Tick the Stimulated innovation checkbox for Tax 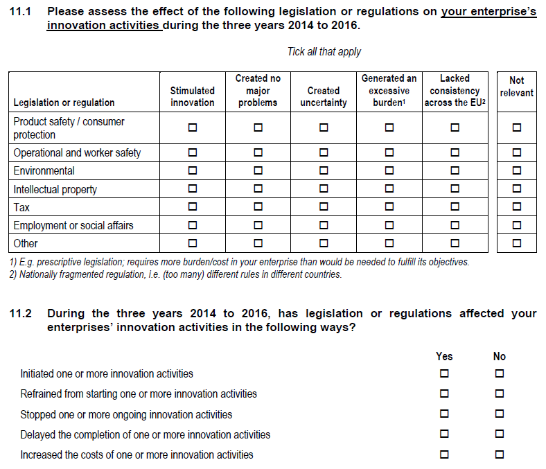point(192,207)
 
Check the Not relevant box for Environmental point(516,170)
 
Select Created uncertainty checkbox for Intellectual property point(324,189)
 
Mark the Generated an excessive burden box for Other point(389,243)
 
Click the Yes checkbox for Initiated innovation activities point(444,374)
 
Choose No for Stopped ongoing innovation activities point(500,415)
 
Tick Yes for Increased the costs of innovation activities point(444,455)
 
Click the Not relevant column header point(516,87)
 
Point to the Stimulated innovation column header point(192,96)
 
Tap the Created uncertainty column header point(324,96)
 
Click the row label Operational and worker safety point(77,152)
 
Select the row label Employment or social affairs point(73,225)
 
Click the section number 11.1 point(21,12)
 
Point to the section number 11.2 point(21,314)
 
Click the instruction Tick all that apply point(324,52)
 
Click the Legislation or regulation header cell point(64,103)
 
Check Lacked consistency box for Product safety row point(455,127)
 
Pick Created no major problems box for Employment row point(258,225)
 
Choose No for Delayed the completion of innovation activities point(500,435)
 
